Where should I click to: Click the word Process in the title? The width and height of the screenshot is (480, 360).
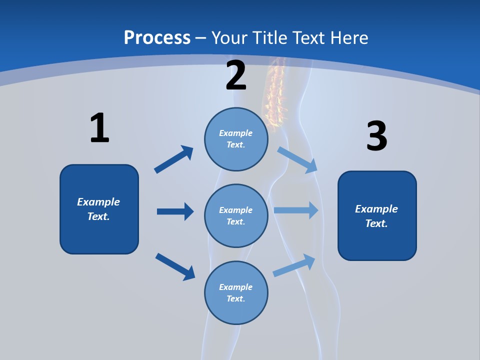(x=157, y=37)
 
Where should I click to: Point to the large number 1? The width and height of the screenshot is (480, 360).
(x=99, y=128)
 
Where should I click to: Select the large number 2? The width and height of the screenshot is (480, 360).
(x=236, y=75)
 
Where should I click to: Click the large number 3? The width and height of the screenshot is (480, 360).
(x=376, y=136)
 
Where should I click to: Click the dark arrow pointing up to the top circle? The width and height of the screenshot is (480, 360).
(x=173, y=159)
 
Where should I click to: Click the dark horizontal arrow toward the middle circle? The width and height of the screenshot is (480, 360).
(x=175, y=211)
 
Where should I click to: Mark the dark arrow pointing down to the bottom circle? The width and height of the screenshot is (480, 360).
(x=175, y=266)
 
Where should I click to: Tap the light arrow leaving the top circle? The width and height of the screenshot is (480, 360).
(x=297, y=159)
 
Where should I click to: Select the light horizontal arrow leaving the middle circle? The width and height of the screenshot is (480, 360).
(x=296, y=210)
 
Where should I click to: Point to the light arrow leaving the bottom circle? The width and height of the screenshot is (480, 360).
(x=294, y=265)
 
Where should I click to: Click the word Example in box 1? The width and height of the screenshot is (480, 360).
(x=98, y=202)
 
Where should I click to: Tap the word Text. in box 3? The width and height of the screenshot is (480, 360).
(x=376, y=223)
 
